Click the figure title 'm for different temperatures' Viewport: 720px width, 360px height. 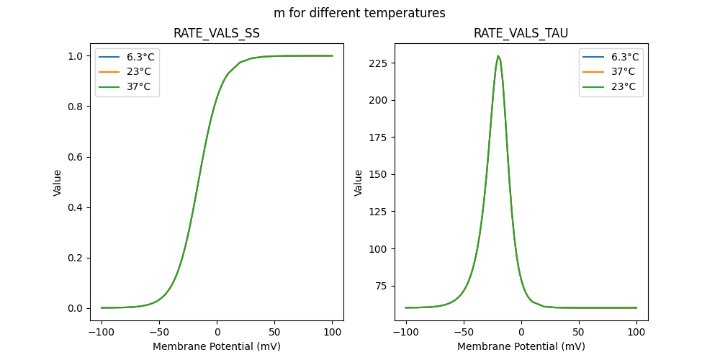pyautogui.click(x=359, y=13)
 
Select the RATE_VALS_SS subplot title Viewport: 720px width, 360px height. pyautogui.click(x=217, y=33)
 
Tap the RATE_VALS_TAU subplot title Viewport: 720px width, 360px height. pyautogui.click(x=521, y=33)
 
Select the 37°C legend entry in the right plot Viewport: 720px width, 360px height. pyautogui.click(x=623, y=71)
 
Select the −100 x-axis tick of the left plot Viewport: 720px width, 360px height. pyautogui.click(x=102, y=333)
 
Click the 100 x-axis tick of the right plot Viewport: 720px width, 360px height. pyautogui.click(x=636, y=333)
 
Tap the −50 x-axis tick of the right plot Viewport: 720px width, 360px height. pyautogui.click(x=464, y=333)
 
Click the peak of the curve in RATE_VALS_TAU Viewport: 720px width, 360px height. pyautogui.click(x=498, y=56)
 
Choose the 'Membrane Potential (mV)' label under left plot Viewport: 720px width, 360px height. pyautogui.click(x=217, y=346)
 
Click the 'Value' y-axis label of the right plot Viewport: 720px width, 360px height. pyautogui.click(x=358, y=183)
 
